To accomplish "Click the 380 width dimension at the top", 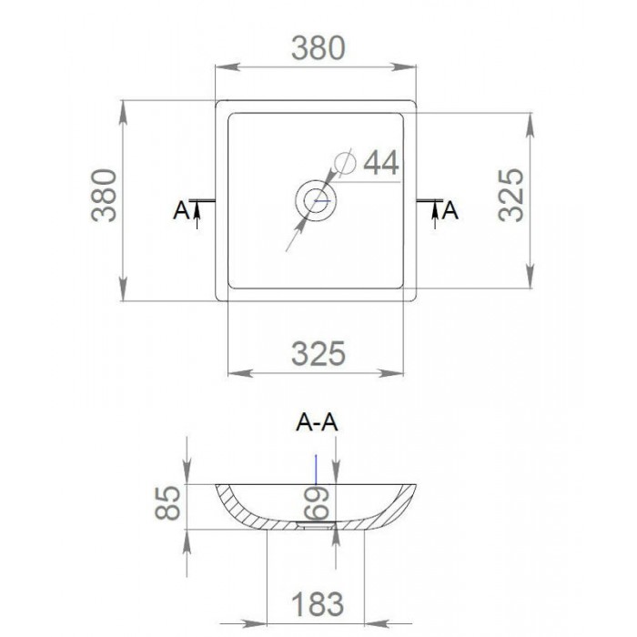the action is [318, 48].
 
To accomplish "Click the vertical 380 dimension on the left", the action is [104, 196].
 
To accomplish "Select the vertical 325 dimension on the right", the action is [511, 195].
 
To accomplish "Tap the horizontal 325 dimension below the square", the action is [318, 353].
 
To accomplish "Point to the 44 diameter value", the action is [381, 163].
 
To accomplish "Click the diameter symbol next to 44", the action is [345, 163].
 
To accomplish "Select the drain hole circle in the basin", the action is [316, 201].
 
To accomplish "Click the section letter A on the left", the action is [181, 210].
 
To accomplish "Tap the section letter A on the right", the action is [450, 210].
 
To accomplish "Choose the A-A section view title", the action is [317, 422].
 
